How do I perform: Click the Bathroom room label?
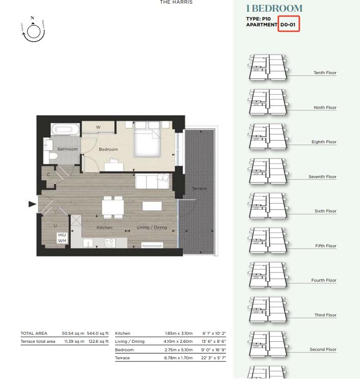67,149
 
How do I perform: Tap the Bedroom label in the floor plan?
108,149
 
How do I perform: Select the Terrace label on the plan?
199,188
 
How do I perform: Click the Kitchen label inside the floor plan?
105,227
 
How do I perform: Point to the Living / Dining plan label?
151,227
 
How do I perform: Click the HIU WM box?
62,238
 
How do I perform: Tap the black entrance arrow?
32,204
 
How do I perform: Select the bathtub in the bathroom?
66,130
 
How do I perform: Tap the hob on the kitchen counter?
109,243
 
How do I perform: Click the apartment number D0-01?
288,24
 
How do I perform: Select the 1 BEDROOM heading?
274,9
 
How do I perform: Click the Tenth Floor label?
325,73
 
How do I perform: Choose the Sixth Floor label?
325,211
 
